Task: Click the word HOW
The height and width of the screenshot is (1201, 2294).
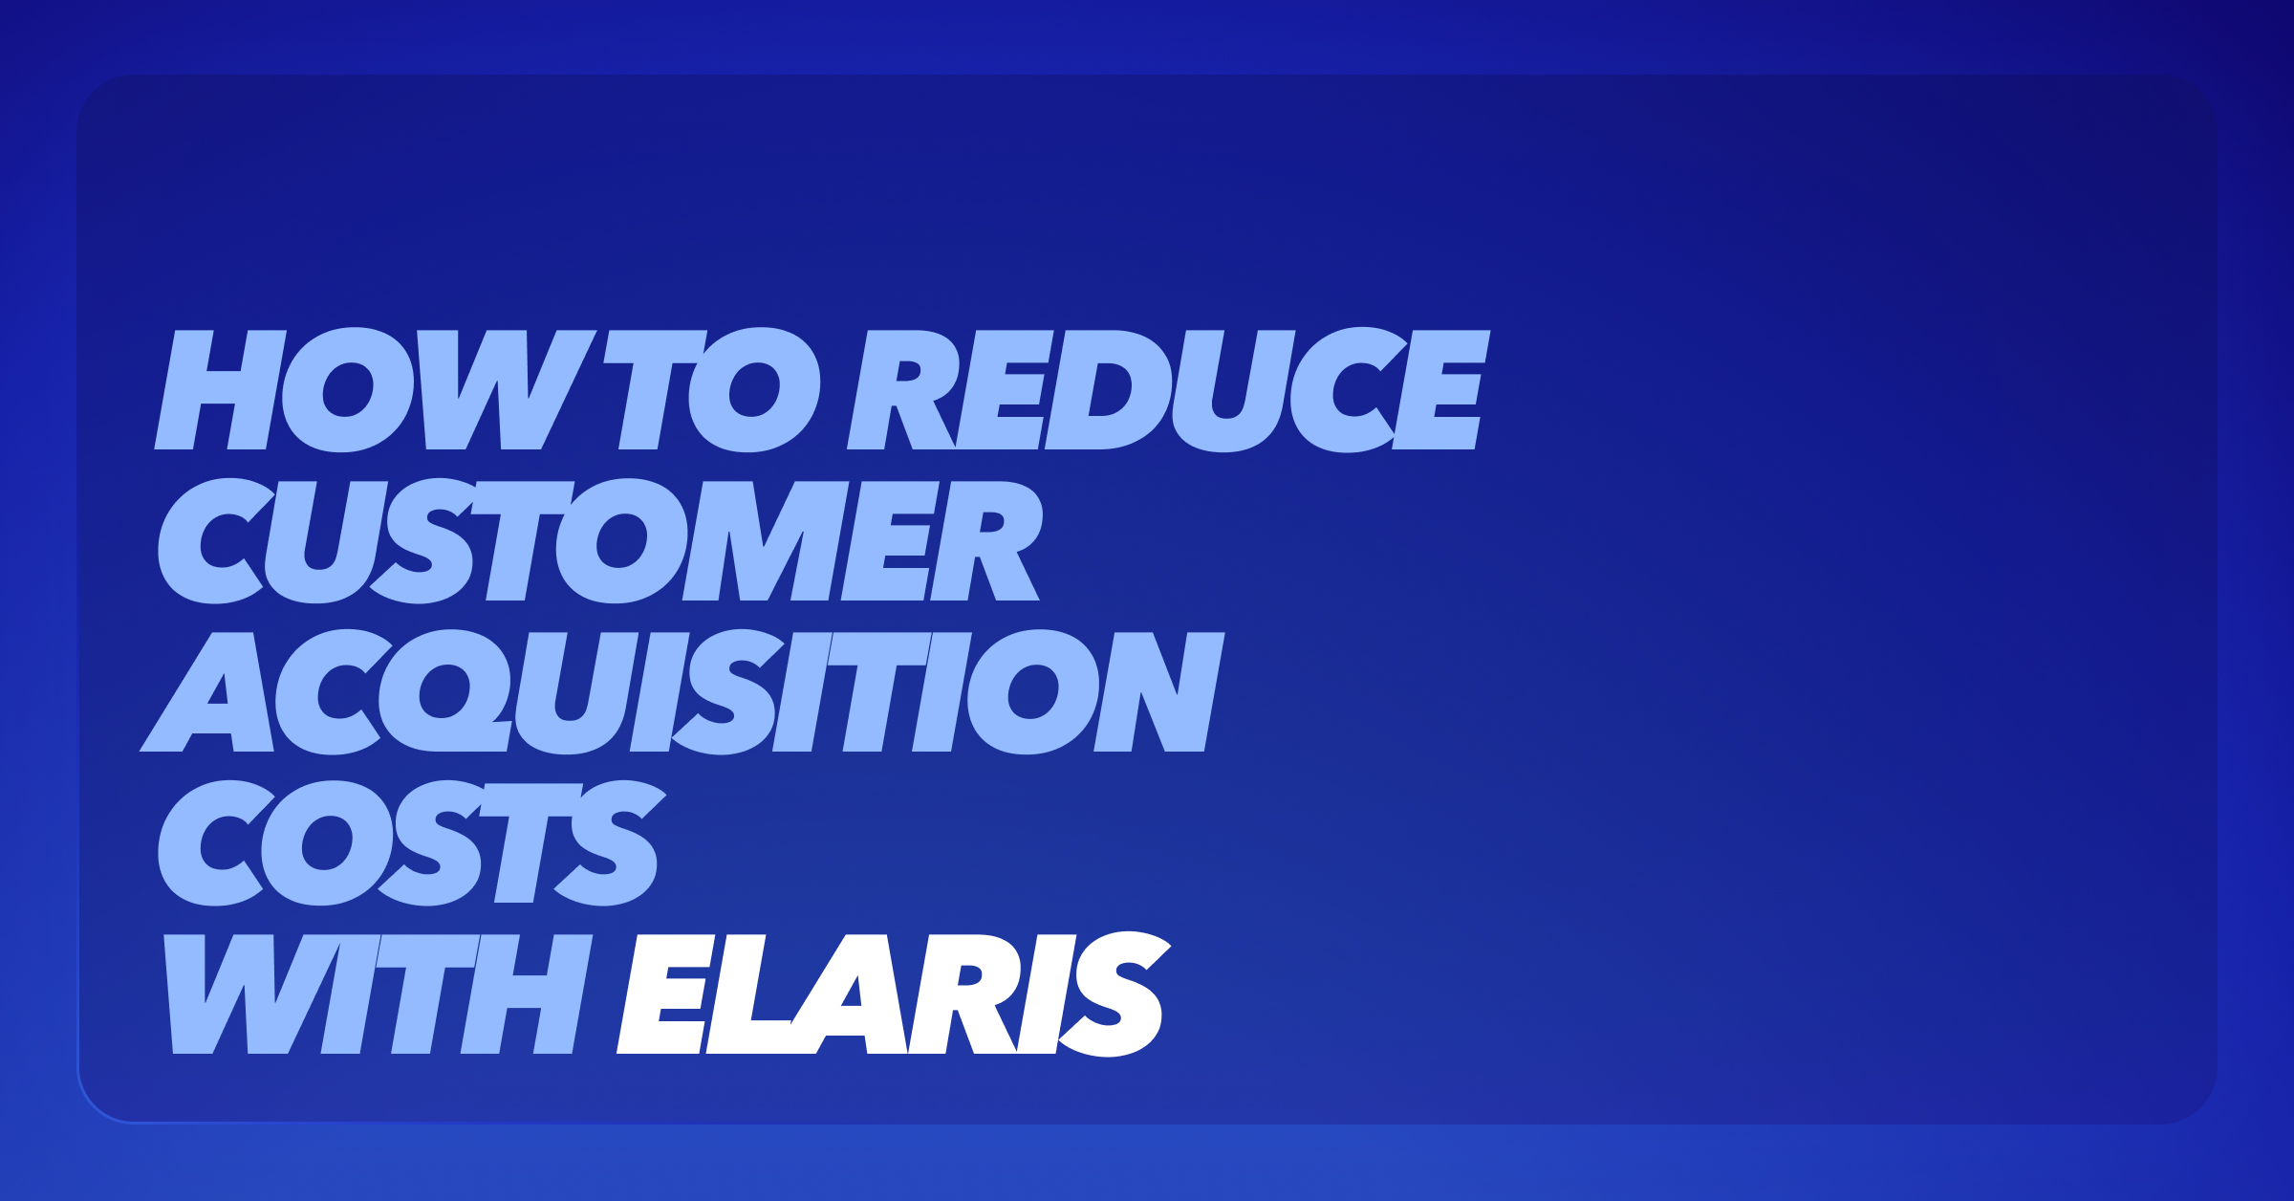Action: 376,390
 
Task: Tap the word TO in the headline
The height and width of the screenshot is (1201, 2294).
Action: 712,390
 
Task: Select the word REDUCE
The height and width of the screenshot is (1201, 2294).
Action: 1169,390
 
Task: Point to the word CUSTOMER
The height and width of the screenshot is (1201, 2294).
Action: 599,541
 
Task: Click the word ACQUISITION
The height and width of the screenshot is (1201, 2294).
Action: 682,692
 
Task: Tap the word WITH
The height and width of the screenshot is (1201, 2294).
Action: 379,994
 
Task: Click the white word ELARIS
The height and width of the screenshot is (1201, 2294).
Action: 895,994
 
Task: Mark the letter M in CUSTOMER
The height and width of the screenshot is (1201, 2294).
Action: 766,541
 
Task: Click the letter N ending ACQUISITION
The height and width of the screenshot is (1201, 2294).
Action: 1159,692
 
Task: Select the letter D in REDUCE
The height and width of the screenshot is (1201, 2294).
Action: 1109,390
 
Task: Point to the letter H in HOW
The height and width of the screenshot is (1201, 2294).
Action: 221,390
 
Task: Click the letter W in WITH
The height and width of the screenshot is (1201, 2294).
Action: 251,994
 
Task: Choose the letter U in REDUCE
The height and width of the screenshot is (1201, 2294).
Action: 1234,390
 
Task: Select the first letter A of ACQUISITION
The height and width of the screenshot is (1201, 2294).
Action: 207,692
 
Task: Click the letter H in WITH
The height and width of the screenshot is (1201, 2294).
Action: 528,994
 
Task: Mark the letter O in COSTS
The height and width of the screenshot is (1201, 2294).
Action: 328,843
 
